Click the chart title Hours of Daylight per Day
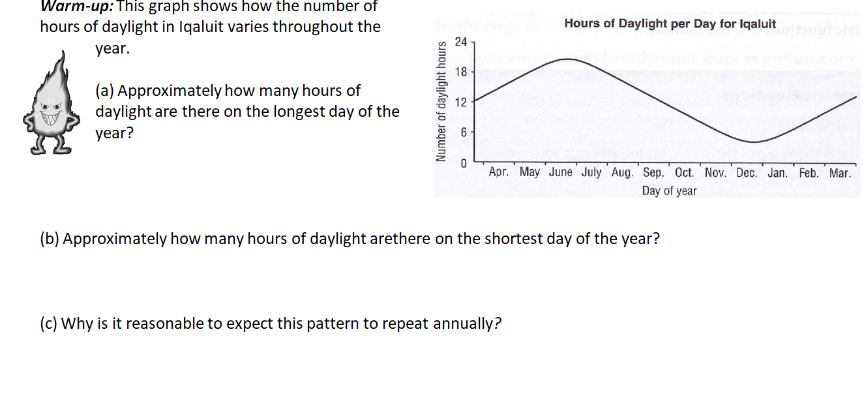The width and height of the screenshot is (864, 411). click(670, 23)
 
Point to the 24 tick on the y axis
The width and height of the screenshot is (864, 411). click(460, 42)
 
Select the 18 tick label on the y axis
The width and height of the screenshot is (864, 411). click(460, 72)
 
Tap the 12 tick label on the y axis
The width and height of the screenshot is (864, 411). click(460, 102)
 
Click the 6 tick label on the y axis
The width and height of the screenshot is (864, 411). click(463, 132)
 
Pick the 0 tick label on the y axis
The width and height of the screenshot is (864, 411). click(463, 163)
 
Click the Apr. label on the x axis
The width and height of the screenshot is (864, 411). click(499, 173)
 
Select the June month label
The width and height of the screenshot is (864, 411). click(561, 173)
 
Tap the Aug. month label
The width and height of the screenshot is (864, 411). click(623, 173)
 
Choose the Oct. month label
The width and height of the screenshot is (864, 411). click(685, 173)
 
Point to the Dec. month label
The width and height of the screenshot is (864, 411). click(747, 173)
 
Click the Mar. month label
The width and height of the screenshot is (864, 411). click(840, 173)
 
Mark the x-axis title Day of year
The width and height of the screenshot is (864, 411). click(669, 191)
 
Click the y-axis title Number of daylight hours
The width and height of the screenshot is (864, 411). click(441, 102)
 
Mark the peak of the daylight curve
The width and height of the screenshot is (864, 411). click(571, 59)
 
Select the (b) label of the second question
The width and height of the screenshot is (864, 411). click(50, 239)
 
